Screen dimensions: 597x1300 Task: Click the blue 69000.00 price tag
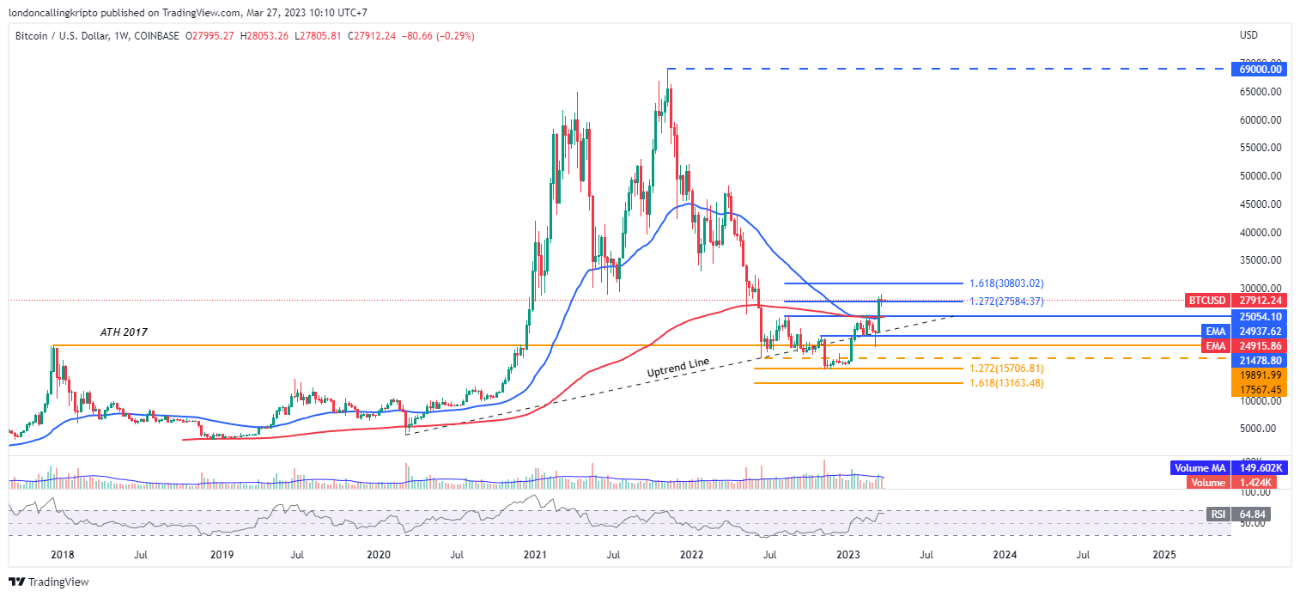pyautogui.click(x=1257, y=69)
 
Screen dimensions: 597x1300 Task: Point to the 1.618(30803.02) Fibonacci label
pyautogui.click(x=1006, y=283)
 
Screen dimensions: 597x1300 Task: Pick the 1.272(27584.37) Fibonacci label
pyautogui.click(x=1006, y=302)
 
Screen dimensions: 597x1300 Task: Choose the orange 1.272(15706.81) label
pyautogui.click(x=1006, y=369)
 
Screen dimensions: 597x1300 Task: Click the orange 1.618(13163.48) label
pyautogui.click(x=1006, y=383)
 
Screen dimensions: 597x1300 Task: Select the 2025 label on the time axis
pyautogui.click(x=1164, y=556)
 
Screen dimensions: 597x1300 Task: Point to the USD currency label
pyautogui.click(x=1249, y=35)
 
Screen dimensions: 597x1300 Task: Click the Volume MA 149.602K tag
pyautogui.click(x=1229, y=468)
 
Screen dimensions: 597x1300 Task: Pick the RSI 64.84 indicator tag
pyautogui.click(x=1237, y=515)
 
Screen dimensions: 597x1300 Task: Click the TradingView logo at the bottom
pyautogui.click(x=49, y=582)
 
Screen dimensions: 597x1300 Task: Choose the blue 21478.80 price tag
pyautogui.click(x=1257, y=361)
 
